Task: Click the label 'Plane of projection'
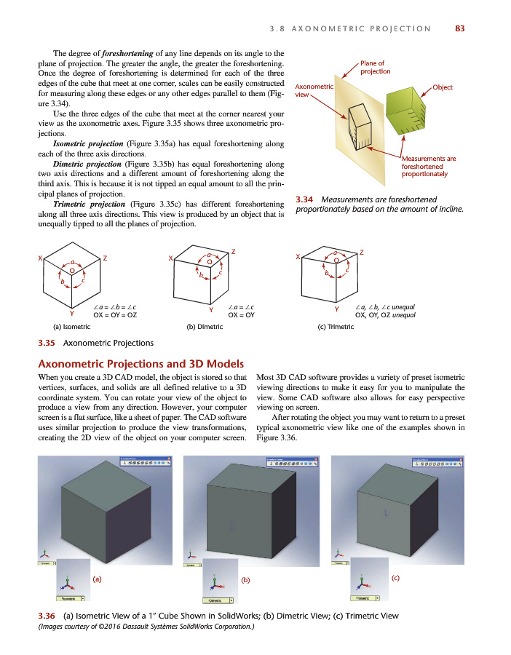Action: click(376, 68)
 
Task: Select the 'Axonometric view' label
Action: click(313, 90)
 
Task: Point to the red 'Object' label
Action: click(443, 87)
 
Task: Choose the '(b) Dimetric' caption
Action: click(205, 327)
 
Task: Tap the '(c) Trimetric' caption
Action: click(336, 327)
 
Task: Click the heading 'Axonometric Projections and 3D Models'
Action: click(140, 364)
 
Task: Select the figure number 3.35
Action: click(47, 343)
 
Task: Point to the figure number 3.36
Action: click(47, 616)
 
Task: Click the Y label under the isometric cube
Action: click(71, 313)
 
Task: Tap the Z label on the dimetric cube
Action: click(233, 251)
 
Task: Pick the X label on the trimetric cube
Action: click(298, 257)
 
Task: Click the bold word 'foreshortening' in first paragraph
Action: click(128, 53)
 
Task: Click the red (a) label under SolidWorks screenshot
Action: click(96, 579)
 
